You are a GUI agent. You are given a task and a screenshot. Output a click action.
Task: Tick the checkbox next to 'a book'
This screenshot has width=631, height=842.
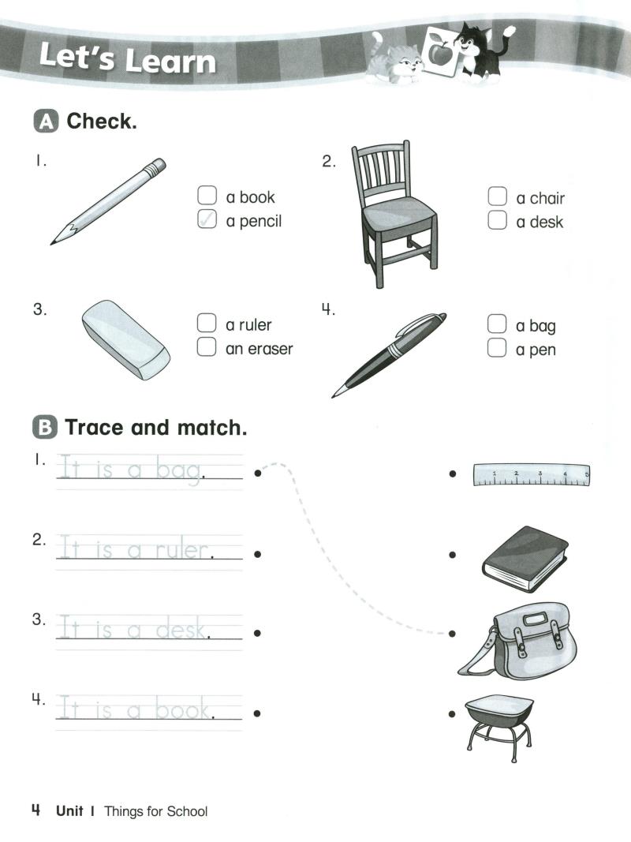[206, 196]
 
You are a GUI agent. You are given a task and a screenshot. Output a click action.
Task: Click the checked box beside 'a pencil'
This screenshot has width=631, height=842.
[206, 220]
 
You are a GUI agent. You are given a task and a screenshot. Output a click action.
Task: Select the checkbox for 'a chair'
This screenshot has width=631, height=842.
[496, 196]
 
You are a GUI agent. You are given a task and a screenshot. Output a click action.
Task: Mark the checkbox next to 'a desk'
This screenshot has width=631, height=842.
[496, 221]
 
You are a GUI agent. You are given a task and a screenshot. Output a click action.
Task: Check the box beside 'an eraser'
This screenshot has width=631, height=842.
[206, 347]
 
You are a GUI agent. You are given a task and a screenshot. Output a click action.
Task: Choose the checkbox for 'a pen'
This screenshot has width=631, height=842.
[496, 349]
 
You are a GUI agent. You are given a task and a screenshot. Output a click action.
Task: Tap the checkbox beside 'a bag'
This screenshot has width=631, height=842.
[496, 324]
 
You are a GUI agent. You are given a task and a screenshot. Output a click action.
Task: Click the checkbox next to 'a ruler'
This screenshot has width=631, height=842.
[206, 323]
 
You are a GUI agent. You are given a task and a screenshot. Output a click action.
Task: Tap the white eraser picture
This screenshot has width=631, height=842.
[125, 339]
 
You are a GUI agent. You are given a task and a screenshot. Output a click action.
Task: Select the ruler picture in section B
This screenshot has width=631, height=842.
[531, 474]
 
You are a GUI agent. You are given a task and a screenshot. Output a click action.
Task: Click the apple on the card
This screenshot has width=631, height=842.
[437, 54]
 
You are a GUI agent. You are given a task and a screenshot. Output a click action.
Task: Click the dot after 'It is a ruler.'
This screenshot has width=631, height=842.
[258, 554]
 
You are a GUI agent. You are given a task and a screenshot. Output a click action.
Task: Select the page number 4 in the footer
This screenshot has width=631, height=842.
[35, 810]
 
